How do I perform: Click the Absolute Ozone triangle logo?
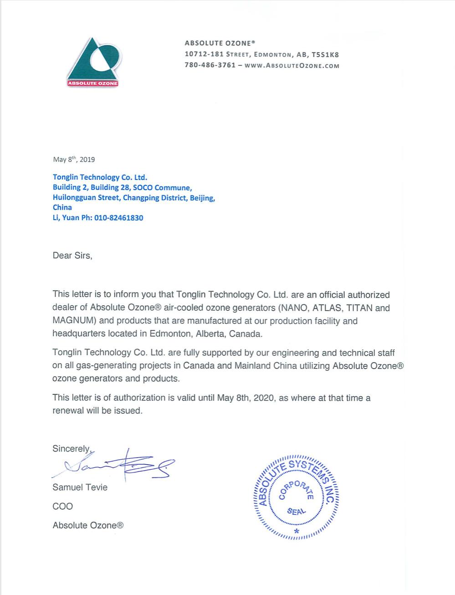pos(93,62)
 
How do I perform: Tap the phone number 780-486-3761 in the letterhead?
pos(210,65)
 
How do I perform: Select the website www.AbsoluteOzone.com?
pos(292,65)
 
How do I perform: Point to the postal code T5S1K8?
pos(325,54)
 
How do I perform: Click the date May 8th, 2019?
pos(74,159)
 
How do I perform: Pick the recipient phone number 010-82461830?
pos(118,218)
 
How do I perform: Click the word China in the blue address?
pos(62,207)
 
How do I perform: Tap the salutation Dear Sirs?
pos(72,256)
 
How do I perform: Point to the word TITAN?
pos(360,308)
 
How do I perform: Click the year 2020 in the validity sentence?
pos(264,398)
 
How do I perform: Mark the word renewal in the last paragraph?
pos(68,410)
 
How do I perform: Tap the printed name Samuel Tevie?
pos(80,487)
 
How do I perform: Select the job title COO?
pos(63,506)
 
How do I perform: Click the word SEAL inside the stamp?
pos(296,511)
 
